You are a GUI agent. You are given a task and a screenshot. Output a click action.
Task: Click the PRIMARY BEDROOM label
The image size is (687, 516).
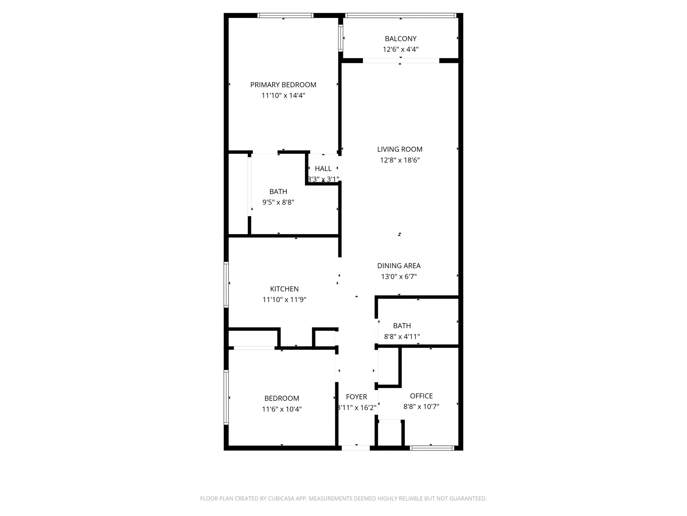pos(283,85)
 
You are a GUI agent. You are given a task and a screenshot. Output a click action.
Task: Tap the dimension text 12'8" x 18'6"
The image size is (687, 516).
pos(400,160)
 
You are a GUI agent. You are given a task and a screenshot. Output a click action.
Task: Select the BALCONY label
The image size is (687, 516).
pos(401,39)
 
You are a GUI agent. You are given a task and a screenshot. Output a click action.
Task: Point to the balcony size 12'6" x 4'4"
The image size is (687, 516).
pos(401,49)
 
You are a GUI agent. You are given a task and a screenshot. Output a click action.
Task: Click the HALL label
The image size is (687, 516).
pos(323,169)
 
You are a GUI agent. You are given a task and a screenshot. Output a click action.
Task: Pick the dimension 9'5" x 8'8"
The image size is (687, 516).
pos(278,202)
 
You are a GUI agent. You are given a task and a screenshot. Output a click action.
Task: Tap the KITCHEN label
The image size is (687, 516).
pos(284,289)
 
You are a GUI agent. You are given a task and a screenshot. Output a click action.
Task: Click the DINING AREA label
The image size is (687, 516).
pos(399,266)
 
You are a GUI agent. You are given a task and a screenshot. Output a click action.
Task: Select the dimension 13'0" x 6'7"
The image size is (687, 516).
pos(399,277)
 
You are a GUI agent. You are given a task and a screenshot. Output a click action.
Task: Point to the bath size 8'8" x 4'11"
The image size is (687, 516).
pos(402,336)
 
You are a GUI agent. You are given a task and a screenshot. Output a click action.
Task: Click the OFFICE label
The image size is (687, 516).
pos(421,396)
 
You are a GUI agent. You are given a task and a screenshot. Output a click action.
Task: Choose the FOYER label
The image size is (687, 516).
pos(356,397)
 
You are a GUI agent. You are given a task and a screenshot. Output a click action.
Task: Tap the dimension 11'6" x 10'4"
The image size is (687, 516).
pos(282,409)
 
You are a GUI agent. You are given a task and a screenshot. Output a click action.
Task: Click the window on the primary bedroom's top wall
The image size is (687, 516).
pos(285,15)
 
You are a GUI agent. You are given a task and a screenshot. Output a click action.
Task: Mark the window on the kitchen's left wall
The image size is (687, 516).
pos(226,284)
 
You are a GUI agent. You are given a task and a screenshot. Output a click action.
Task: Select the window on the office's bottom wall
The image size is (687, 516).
pos(432,448)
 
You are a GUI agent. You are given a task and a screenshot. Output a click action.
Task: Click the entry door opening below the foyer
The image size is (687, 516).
pos(356,448)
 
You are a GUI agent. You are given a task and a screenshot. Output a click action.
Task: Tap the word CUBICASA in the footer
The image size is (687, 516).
pos(281,498)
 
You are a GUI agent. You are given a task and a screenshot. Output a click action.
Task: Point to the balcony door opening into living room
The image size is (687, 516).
pos(401,61)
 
